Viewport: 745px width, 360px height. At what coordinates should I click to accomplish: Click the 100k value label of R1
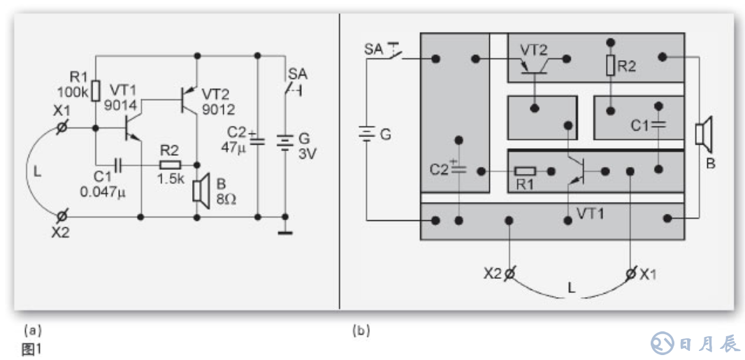coord(73,93)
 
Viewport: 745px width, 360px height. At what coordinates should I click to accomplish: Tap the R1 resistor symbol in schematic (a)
coord(96,89)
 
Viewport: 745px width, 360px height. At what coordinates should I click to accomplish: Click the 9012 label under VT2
coord(218,109)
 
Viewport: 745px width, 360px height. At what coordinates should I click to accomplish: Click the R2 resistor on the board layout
coord(610,66)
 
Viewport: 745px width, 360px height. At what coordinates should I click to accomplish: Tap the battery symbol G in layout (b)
coord(364,133)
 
